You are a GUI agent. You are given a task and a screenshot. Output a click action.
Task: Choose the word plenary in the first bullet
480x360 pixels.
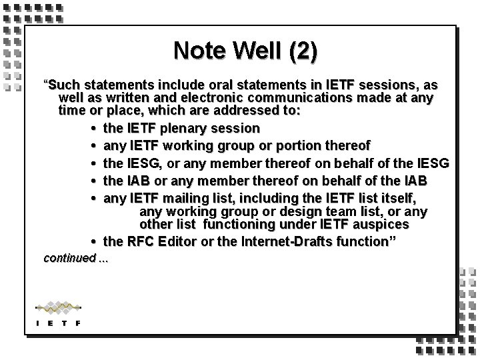188,127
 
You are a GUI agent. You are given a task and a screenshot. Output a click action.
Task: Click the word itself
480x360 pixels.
398,199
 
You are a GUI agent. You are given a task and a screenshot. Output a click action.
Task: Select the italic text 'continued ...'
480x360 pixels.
74,258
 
